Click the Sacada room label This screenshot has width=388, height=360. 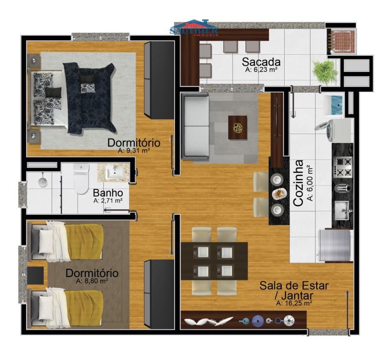pyautogui.click(x=261, y=62)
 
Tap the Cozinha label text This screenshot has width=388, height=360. pyautogui.click(x=298, y=183)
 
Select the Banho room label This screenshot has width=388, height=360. pyautogui.click(x=108, y=193)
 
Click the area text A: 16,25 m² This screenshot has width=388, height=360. pyautogui.click(x=294, y=303)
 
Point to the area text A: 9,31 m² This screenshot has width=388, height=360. pyautogui.click(x=134, y=150)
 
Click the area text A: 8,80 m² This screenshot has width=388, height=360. pyautogui.click(x=92, y=281)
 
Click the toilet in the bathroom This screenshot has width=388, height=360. pyautogui.click(x=81, y=178)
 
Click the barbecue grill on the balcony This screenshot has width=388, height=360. pyautogui.click(x=342, y=41)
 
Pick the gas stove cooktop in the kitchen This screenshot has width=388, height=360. pyautogui.click(x=343, y=167)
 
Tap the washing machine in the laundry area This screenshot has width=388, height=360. pyautogui.click(x=334, y=130)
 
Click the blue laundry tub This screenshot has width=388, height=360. pyautogui.click(x=333, y=105)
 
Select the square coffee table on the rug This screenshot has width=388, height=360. pyautogui.click(x=238, y=127)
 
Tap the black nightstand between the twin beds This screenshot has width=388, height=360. pyautogui.click(x=35, y=275)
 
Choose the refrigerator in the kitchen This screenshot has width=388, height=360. pyautogui.click(x=335, y=246)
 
